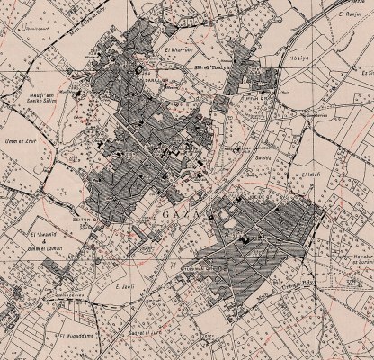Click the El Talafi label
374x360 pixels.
click(x=312, y=174)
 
